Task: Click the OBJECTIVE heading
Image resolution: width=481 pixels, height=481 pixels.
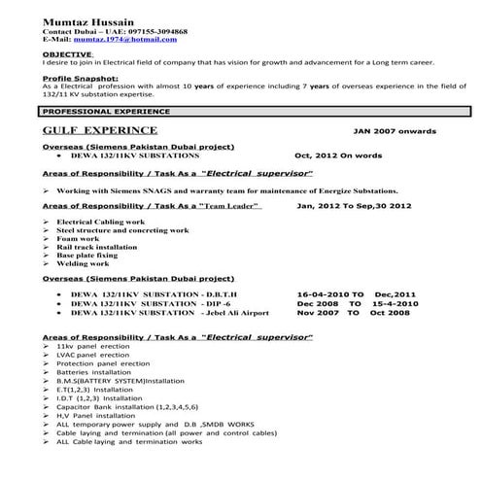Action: [x=65, y=54]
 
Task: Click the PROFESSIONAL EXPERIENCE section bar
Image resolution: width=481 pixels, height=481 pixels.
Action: [x=100, y=113]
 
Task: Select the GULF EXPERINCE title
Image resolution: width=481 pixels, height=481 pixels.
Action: [x=101, y=129]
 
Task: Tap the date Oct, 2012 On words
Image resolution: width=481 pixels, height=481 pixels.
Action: [x=339, y=155]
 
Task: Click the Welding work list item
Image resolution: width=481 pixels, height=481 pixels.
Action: [x=83, y=263]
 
